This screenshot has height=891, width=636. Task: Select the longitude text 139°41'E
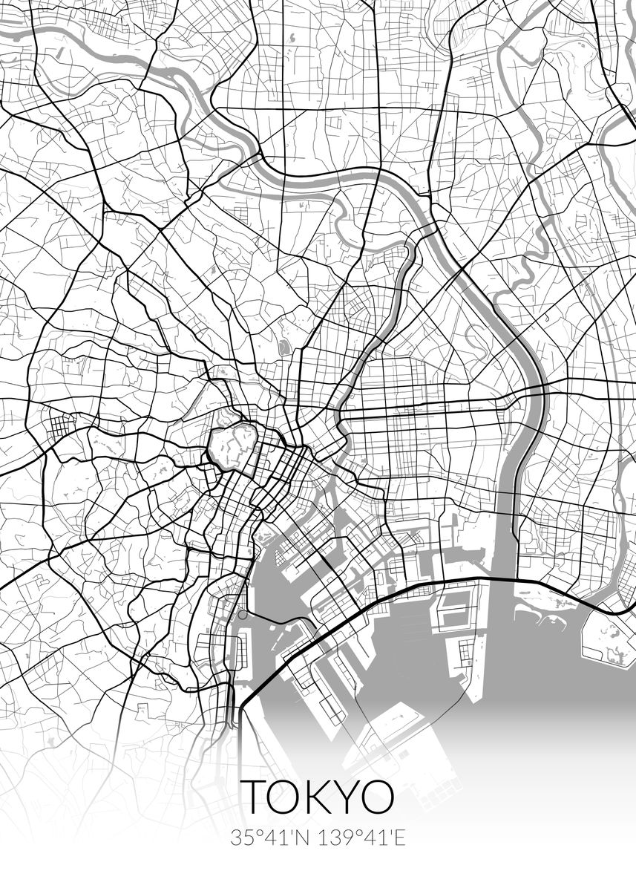coord(361,838)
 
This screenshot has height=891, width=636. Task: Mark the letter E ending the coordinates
coord(400,838)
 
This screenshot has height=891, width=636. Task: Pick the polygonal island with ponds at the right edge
coord(610,635)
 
